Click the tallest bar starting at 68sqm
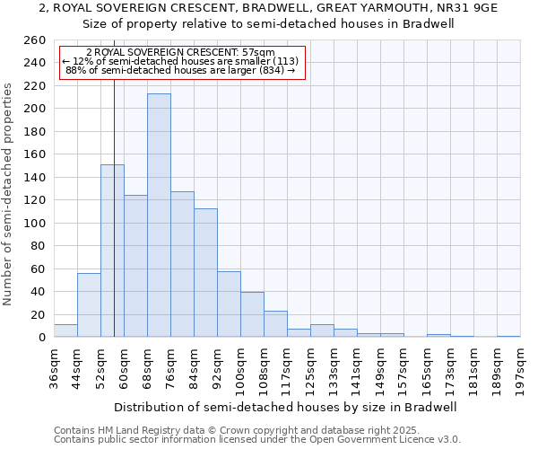159,216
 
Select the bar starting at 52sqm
112,251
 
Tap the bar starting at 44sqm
89,305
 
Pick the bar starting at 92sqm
229,304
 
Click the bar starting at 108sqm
275,324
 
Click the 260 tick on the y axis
35,40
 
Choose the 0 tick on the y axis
42,338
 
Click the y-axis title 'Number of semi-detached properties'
9,194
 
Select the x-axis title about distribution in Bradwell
285,407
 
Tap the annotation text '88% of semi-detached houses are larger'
180,71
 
